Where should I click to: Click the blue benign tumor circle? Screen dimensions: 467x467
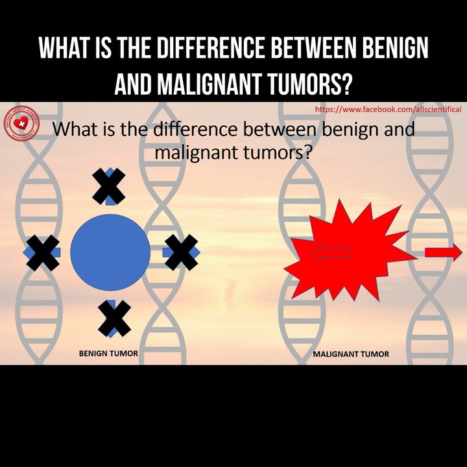(110, 252)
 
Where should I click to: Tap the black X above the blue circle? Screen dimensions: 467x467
(109, 187)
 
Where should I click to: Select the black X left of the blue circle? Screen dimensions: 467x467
(43, 252)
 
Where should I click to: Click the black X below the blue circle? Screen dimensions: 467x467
(114, 318)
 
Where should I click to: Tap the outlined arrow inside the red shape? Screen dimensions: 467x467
(331, 252)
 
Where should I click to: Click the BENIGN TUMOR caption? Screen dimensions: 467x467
(108, 354)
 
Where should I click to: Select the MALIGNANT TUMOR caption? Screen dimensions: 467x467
(351, 355)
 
